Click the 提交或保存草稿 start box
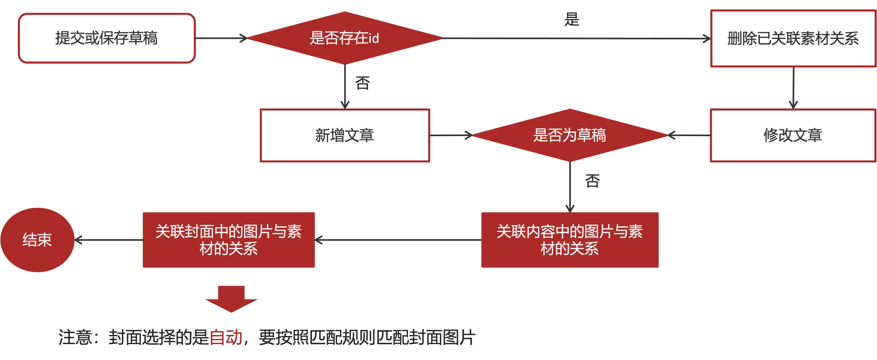(106, 38)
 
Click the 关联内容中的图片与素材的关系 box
(570, 240)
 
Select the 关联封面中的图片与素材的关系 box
(228, 240)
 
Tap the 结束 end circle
(37, 240)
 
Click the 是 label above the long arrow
(572, 19)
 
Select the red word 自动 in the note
(226, 337)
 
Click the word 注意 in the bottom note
(75, 337)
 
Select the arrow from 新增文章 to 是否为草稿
(451, 135)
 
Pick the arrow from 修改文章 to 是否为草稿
(689, 135)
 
